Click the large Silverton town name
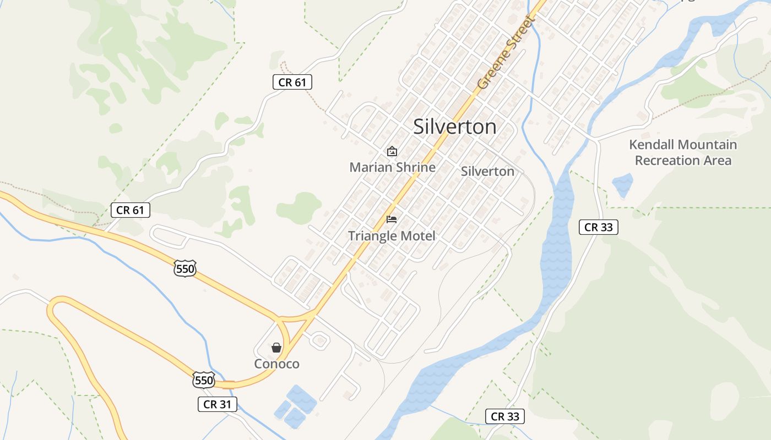(454, 127)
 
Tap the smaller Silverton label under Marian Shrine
(487, 171)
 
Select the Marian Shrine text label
(392, 167)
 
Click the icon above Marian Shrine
(392, 151)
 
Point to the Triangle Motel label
(392, 236)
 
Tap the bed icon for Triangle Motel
(392, 219)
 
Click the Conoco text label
(276, 364)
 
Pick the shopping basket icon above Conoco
(276, 348)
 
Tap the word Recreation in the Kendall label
(667, 161)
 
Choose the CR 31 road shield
(217, 404)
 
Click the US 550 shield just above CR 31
(203, 380)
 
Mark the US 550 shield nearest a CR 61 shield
(184, 268)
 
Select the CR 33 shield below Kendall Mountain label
(598, 227)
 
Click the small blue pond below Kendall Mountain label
(622, 185)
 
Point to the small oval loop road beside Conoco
(319, 341)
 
